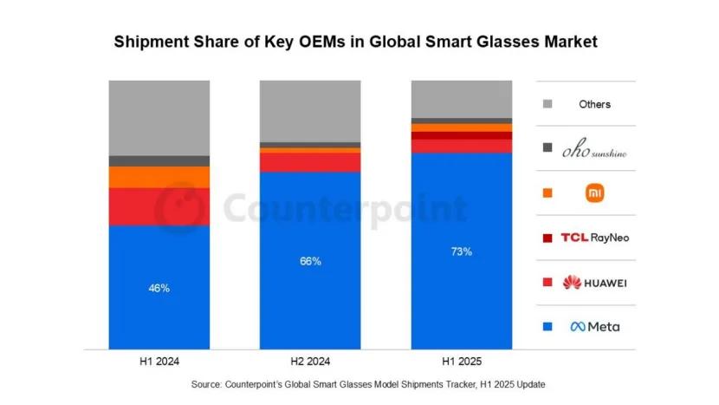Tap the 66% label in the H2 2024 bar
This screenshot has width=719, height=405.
point(311,261)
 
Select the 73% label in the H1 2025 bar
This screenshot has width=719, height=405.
point(462,251)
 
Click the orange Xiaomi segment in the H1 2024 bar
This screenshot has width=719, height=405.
point(159,177)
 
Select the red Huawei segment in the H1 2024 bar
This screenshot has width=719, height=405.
point(159,206)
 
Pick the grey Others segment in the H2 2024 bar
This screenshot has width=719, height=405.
point(311,111)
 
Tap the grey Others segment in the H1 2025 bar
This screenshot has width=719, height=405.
point(462,98)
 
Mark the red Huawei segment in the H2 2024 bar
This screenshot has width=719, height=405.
point(311,162)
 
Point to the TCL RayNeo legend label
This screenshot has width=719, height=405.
point(594,238)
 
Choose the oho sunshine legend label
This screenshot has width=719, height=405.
point(594,149)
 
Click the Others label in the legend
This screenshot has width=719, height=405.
point(594,104)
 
